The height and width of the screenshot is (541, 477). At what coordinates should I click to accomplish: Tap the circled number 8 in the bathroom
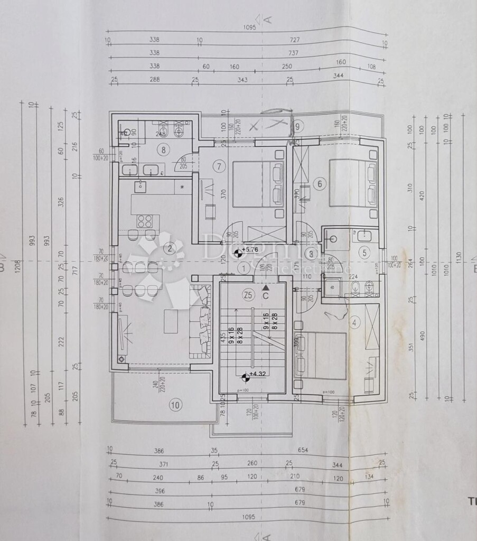pos(164,150)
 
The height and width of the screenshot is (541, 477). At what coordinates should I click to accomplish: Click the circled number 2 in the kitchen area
pos(170,249)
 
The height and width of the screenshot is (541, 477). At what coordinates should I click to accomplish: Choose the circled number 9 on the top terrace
pos(298,126)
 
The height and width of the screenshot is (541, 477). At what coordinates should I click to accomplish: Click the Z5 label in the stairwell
pos(248,294)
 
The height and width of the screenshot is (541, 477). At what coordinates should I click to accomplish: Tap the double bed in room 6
pos(353,182)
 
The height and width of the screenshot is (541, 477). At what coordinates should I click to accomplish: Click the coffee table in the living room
pos(171,321)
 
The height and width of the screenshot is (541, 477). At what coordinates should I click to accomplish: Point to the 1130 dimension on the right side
pos(458,257)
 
